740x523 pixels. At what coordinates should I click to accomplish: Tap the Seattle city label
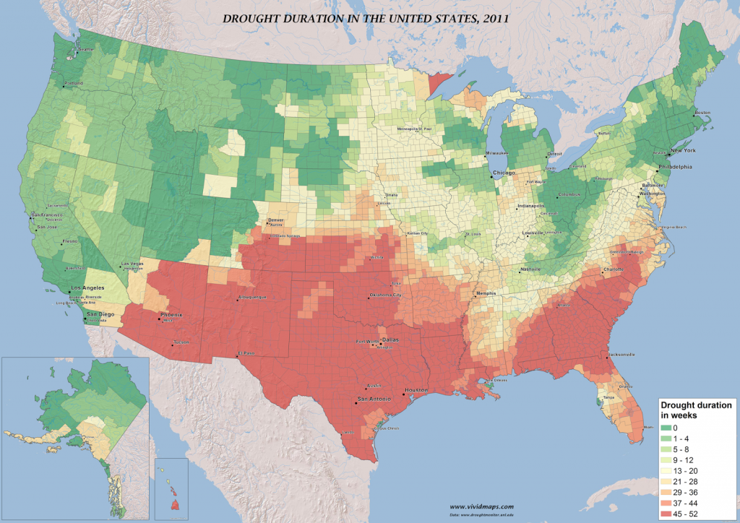[x=86, y=49]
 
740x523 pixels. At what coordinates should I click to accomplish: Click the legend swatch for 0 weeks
[x=666, y=428]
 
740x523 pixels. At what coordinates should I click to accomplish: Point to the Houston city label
[x=416, y=390]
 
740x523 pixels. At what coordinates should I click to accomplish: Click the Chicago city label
[x=504, y=173]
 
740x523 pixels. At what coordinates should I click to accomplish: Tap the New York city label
[x=682, y=151]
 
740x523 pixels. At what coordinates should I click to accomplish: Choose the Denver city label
[x=276, y=220]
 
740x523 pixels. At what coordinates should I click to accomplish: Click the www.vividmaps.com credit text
[x=482, y=506]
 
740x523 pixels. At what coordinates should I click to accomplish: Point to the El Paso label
[x=246, y=353]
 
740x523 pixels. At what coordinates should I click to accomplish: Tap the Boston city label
[x=702, y=113]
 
